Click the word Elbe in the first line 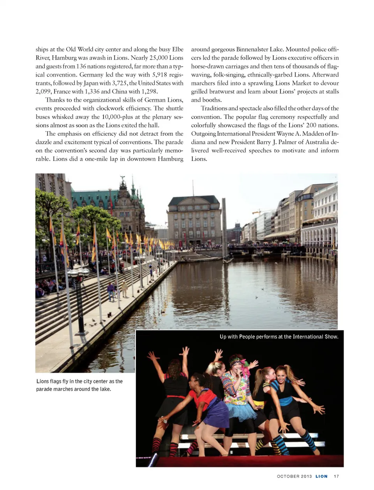point(178,49)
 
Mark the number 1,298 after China point(148,92)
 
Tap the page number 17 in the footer point(336,476)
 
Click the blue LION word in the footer point(321,476)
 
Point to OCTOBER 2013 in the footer point(294,476)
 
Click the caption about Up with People point(279,337)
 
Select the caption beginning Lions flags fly point(79,385)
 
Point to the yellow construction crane point(257,212)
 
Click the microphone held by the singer point(241,374)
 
